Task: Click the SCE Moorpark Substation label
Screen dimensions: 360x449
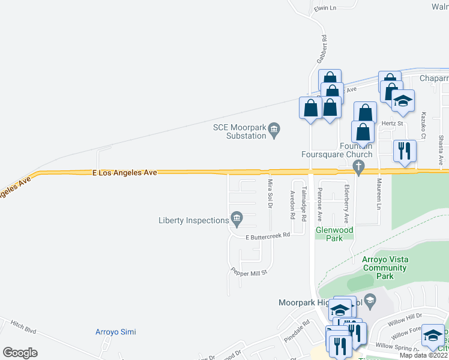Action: tap(240, 131)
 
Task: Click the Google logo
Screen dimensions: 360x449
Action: tap(20, 352)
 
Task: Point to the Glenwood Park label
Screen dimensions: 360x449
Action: tap(335, 234)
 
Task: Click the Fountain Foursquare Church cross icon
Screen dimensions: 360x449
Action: tap(359, 167)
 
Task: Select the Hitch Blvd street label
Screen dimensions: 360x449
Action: tap(23, 328)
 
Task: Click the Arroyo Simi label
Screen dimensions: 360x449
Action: tap(116, 332)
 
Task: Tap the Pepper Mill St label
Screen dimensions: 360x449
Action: tap(249, 272)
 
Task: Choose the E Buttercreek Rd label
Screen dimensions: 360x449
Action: tap(268, 236)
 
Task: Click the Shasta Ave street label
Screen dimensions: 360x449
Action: tap(441, 149)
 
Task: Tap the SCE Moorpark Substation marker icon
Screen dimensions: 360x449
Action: tap(274, 128)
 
